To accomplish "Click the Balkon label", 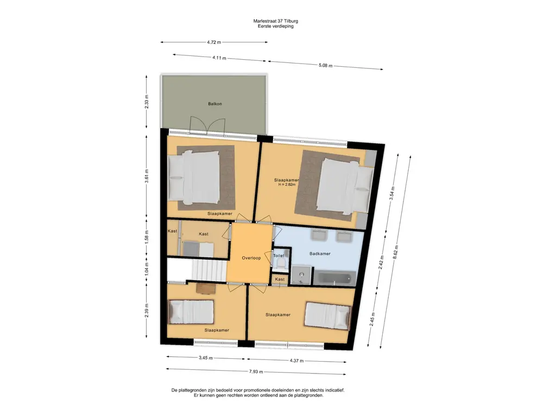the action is click(x=215, y=104).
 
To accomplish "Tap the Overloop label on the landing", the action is click(x=251, y=258).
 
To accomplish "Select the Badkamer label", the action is click(x=320, y=254).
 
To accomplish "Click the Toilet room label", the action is click(x=279, y=256).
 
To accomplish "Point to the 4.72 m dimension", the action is click(x=214, y=42).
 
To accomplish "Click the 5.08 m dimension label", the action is click(x=325, y=66).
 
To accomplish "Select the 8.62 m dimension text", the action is click(x=395, y=252).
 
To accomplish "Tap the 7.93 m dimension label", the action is click(x=256, y=371).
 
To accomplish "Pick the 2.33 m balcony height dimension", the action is click(x=147, y=102).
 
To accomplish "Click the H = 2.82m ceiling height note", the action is click(x=287, y=185).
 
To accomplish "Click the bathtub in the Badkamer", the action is click(x=335, y=277).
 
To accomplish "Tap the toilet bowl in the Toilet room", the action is click(x=281, y=263).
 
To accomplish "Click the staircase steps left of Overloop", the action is click(x=209, y=270).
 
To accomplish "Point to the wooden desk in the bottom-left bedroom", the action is click(x=206, y=289).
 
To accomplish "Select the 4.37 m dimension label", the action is click(x=296, y=361).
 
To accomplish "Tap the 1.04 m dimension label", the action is click(x=147, y=270).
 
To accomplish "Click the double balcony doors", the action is click(x=208, y=125).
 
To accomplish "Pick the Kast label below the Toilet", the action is click(x=280, y=280).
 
